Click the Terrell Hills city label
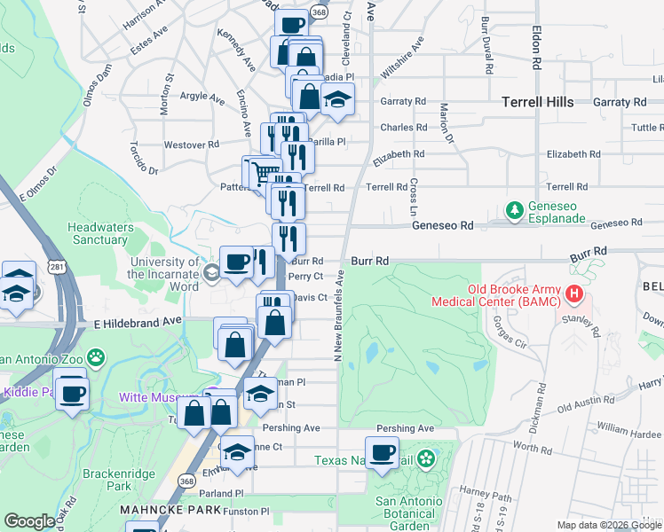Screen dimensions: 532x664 (537, 102)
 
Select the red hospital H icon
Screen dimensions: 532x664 (574, 293)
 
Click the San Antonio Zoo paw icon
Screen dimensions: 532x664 (95, 359)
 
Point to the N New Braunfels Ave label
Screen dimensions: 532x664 (338, 315)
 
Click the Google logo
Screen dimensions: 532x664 (30, 522)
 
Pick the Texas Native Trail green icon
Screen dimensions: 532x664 (426, 459)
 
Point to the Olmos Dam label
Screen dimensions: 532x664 (98, 86)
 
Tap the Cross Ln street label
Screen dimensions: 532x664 (414, 198)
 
